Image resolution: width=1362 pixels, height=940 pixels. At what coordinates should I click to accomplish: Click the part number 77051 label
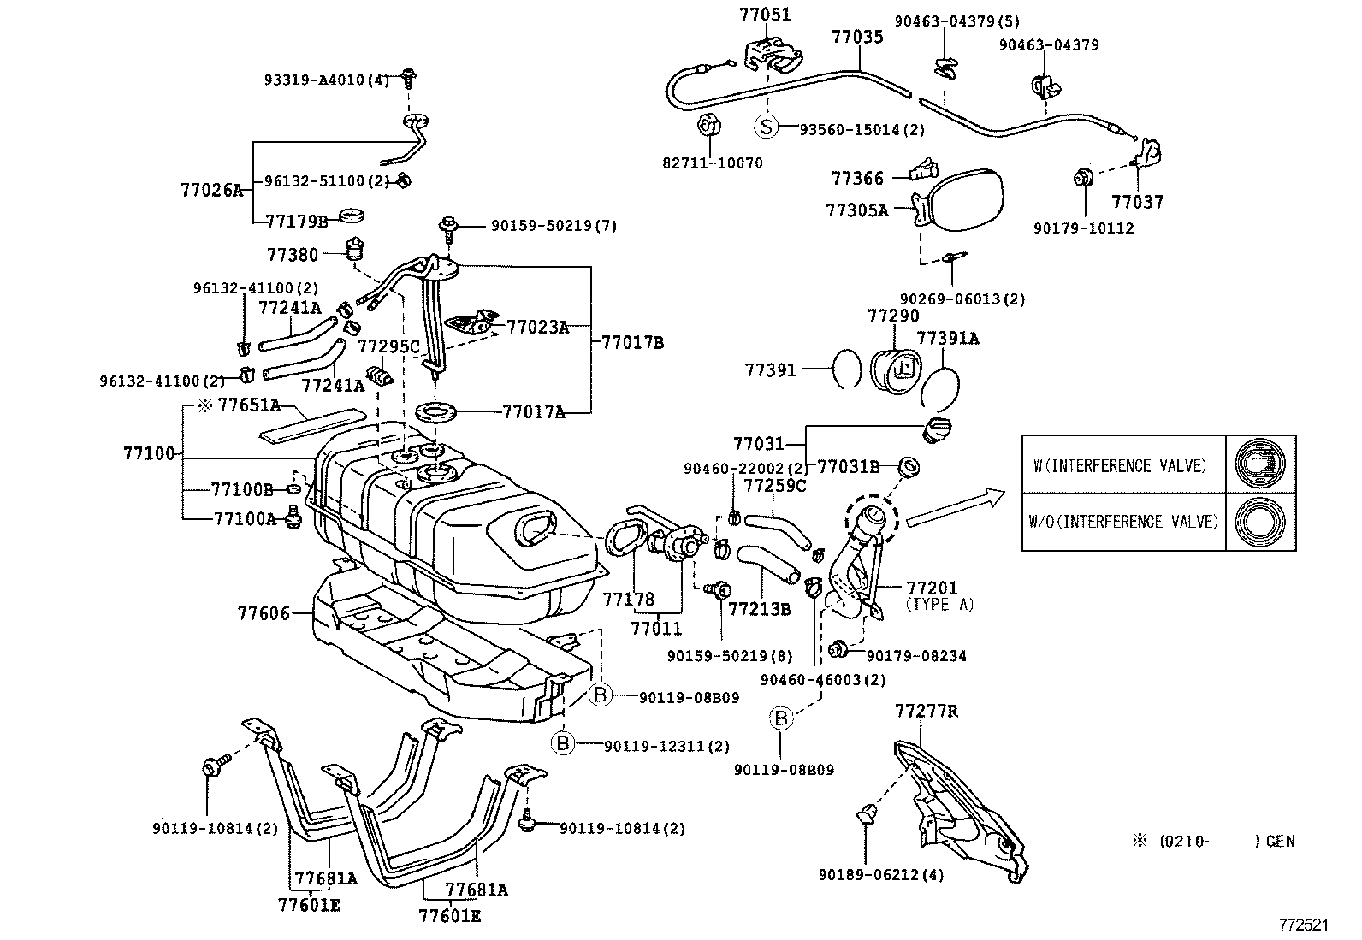click(x=765, y=15)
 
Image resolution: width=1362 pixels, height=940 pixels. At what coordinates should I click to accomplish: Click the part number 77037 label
click(x=1137, y=202)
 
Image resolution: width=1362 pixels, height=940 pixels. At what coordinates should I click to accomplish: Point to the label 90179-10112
click(x=1083, y=228)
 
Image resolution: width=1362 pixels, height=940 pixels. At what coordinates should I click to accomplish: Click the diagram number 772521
click(x=1303, y=925)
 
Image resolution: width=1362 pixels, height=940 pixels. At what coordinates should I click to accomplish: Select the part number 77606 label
click(x=263, y=612)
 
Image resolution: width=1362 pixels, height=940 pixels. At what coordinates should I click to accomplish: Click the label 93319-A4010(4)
click(x=326, y=80)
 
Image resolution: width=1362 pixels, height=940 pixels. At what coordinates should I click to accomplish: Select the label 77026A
click(x=211, y=190)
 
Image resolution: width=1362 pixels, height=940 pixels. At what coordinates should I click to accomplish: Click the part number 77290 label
click(x=893, y=316)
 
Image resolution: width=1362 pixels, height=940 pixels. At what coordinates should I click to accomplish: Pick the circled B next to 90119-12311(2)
click(x=563, y=743)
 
